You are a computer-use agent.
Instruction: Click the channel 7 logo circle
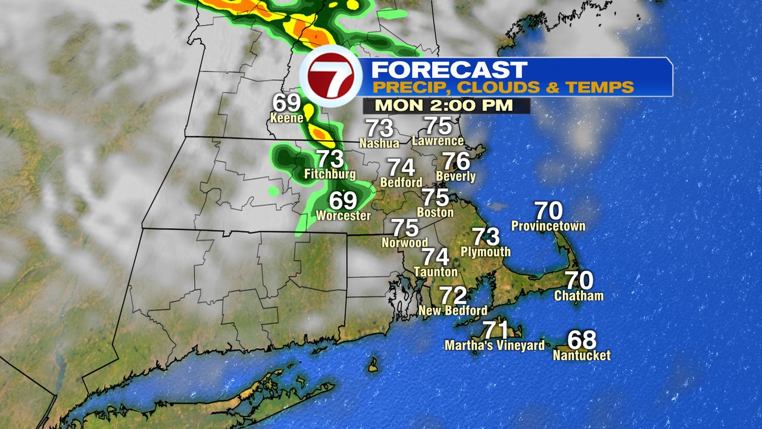(x=331, y=80)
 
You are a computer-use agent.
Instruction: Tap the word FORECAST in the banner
(x=449, y=70)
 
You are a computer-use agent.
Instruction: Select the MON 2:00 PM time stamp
(x=445, y=106)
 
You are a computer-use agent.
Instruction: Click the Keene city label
(x=287, y=117)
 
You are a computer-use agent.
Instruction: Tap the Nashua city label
(x=379, y=144)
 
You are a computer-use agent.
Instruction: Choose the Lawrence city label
(x=438, y=141)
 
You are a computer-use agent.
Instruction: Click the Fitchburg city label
(x=330, y=175)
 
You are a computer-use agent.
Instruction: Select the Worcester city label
(x=343, y=216)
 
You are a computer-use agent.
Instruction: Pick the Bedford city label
(x=401, y=182)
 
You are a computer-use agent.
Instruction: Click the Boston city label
(x=435, y=212)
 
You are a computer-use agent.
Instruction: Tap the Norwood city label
(x=405, y=243)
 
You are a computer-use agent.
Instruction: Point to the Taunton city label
(x=435, y=272)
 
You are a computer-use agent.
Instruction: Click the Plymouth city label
(x=486, y=252)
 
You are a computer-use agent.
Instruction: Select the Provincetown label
(x=548, y=226)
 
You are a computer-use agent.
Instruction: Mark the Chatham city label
(x=579, y=296)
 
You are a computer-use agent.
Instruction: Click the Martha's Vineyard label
(x=495, y=346)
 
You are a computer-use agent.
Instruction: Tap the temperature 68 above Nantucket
(x=582, y=340)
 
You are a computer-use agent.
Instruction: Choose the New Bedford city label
(x=452, y=310)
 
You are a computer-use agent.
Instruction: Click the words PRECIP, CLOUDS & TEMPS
(x=503, y=88)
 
